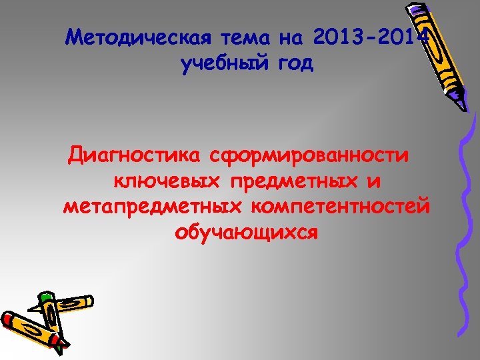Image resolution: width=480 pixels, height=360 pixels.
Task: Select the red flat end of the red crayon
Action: pyautogui.click(x=8, y=319)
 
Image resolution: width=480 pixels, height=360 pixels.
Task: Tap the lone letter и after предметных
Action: pyautogui.click(x=375, y=181)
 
